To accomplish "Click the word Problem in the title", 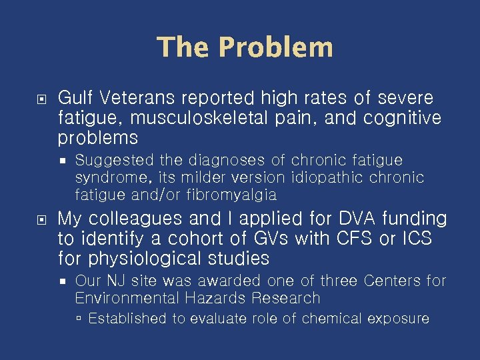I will point(275,48).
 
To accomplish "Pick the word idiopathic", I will point(329,178).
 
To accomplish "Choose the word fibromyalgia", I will point(232,195).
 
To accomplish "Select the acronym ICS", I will point(413,238).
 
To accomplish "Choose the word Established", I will point(127,319).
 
